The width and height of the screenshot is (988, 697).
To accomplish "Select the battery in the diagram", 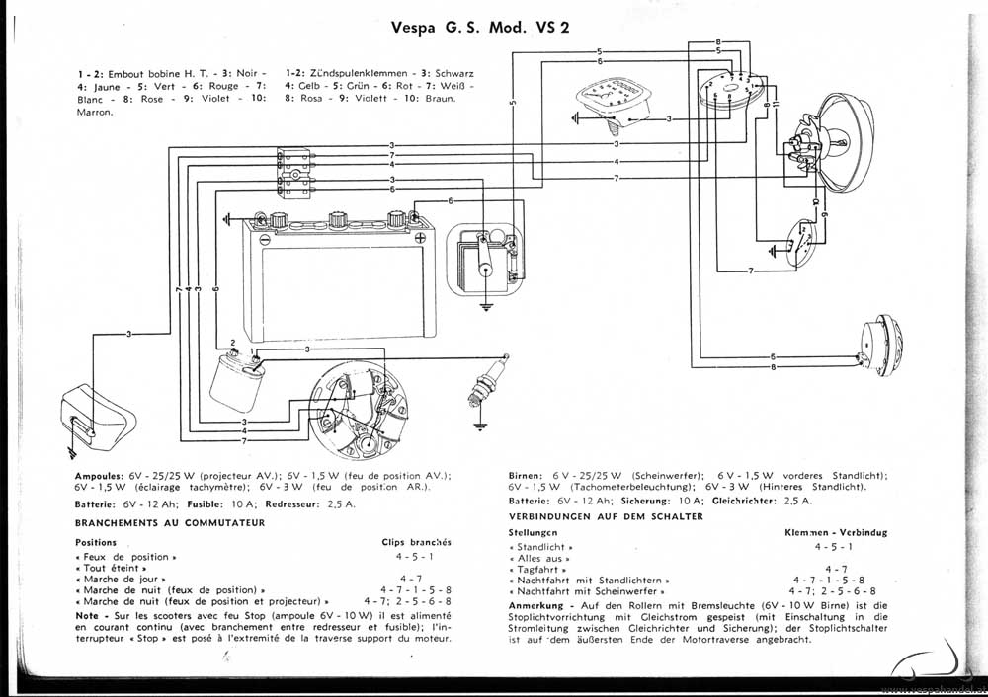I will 337,259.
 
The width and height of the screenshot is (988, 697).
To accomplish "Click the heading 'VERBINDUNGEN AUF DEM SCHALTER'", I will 606,516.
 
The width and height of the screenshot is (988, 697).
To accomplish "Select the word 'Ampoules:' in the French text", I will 99,475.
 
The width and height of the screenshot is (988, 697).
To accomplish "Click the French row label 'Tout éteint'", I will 110,569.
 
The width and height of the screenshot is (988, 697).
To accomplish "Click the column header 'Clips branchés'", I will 416,542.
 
